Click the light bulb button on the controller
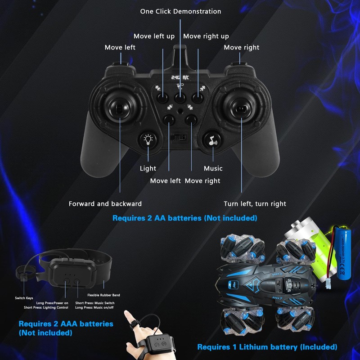click(148, 140)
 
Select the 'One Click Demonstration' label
click(180, 11)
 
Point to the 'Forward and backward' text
click(105, 204)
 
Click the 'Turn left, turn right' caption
click(255, 204)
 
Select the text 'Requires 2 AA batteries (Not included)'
click(184, 218)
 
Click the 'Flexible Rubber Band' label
click(103, 295)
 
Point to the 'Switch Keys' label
click(23, 298)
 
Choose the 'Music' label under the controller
click(213, 168)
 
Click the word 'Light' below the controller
click(148, 168)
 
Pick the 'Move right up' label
click(206, 36)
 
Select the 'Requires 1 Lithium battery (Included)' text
click(267, 347)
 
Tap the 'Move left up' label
click(154, 36)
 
